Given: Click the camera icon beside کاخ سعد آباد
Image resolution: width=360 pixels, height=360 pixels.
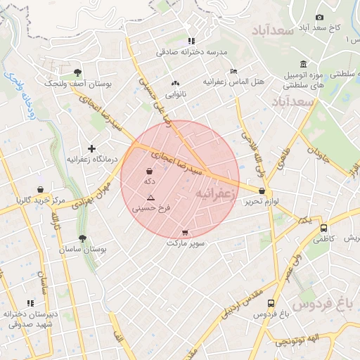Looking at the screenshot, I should click(319, 17).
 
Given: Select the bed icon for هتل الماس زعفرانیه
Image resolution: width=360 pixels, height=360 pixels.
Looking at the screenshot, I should click(234, 71).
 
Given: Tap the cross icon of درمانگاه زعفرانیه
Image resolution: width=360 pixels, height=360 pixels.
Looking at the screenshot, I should click(91, 148).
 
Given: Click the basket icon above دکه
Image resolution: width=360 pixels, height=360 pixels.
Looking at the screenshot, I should click(149, 171).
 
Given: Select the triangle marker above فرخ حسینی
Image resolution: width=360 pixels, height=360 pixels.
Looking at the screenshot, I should click(150, 198).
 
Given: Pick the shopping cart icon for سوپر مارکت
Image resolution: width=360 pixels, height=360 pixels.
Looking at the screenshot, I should click(185, 233).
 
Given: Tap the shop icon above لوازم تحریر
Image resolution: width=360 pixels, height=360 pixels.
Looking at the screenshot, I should click(262, 191).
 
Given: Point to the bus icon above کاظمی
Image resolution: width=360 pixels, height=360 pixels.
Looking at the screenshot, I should click(323, 229).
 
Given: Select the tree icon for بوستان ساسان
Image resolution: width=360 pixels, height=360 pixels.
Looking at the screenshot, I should click(82, 239).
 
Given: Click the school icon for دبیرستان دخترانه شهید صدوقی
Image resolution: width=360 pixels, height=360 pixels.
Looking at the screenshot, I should click(29, 303).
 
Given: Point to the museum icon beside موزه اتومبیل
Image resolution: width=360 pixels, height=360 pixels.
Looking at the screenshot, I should click(303, 65).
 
